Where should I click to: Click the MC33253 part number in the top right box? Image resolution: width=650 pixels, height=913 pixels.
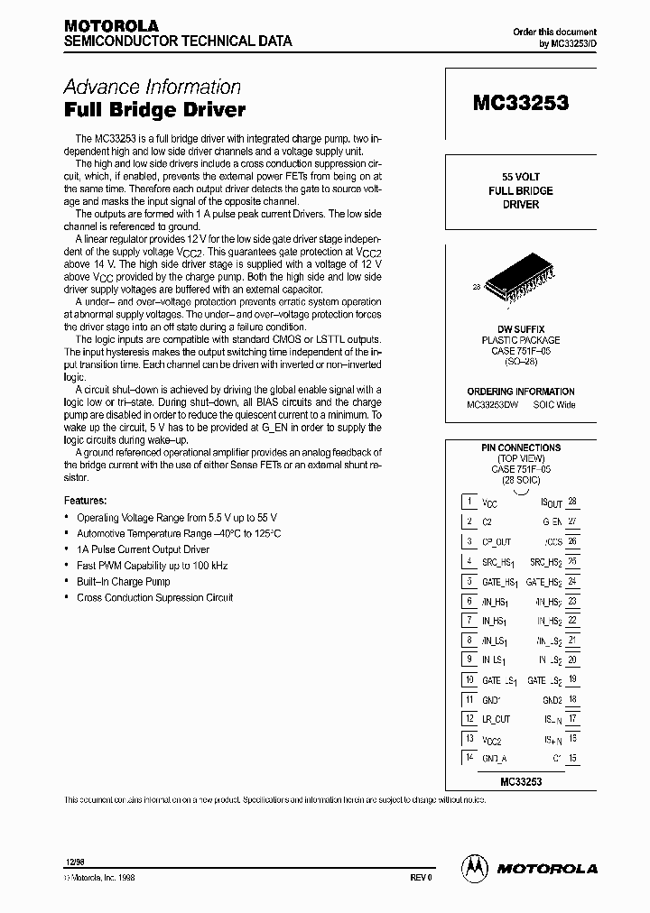(520, 103)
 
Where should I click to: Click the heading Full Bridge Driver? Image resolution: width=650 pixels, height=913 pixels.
(154, 110)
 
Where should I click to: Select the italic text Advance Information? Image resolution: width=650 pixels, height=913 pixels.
(152, 87)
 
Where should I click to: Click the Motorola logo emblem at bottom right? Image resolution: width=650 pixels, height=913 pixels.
(473, 867)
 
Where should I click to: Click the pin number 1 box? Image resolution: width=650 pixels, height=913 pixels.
(469, 502)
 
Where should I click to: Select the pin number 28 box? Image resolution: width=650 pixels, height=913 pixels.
(572, 502)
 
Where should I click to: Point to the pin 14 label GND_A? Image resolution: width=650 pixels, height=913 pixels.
(495, 760)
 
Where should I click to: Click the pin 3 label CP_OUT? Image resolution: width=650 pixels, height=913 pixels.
(497, 541)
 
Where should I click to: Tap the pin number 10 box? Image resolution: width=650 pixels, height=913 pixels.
(469, 679)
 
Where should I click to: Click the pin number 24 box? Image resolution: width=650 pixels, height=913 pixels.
(572, 581)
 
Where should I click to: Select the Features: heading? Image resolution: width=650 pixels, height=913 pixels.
(86, 500)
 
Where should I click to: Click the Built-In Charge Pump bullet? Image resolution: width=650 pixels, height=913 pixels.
(124, 581)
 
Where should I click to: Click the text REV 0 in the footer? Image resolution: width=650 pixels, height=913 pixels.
(422, 876)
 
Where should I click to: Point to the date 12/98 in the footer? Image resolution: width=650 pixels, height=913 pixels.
(73, 862)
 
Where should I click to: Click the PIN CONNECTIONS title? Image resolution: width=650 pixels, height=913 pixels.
(520, 447)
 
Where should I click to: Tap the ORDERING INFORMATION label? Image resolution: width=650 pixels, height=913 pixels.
(520, 392)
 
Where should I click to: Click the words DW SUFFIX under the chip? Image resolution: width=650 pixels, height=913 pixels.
(520, 329)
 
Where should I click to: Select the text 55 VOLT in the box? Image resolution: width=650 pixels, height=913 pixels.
(520, 177)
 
